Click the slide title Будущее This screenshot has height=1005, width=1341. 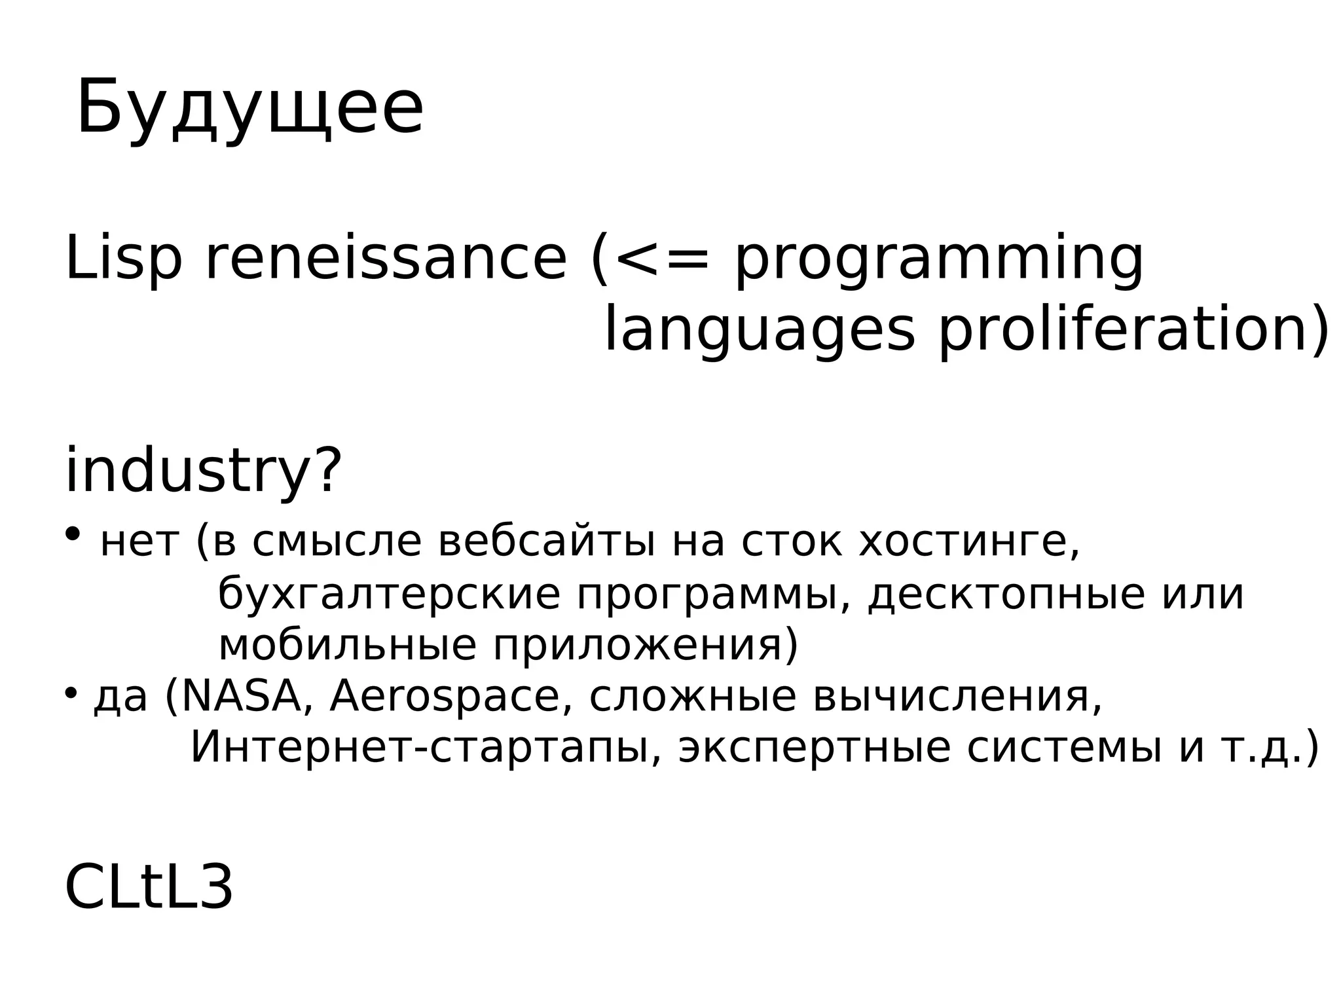250,108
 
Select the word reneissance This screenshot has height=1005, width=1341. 386,260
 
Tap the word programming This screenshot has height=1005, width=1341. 938,262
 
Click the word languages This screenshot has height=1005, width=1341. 758,333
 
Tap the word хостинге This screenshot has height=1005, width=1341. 968,543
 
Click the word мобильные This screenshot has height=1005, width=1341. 347,646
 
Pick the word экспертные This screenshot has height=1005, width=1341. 814,748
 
